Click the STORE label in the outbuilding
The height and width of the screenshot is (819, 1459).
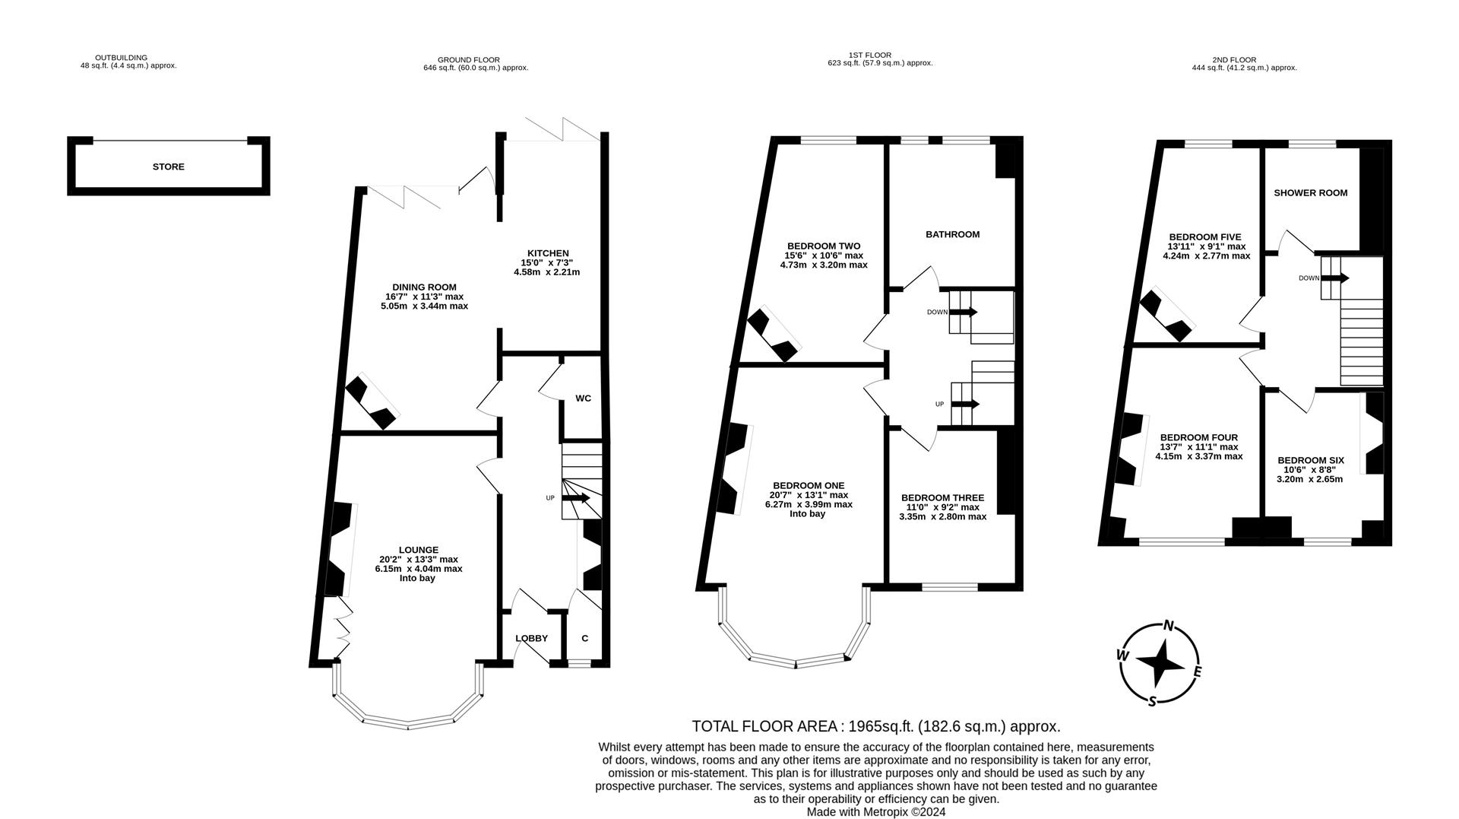[168, 167]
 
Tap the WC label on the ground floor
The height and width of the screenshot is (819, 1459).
[583, 398]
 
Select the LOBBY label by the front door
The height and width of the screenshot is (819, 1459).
[531, 638]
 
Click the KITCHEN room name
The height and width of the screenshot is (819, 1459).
[548, 253]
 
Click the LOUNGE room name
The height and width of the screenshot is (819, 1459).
[419, 550]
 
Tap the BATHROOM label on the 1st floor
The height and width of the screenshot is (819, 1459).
[952, 234]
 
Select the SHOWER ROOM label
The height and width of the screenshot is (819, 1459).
[1310, 192]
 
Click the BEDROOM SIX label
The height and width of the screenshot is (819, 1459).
[1311, 460]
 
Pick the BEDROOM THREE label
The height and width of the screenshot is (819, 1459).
[942, 497]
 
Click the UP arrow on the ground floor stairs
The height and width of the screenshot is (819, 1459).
[577, 498]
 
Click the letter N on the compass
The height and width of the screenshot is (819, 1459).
[1169, 626]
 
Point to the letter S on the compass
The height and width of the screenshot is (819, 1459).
[1152, 701]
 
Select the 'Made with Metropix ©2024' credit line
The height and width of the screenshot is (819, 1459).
[875, 811]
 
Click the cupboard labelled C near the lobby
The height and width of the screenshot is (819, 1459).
[584, 638]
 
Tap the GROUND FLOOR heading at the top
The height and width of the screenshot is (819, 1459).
[469, 59]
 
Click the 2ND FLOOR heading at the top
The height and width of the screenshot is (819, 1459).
[1234, 59]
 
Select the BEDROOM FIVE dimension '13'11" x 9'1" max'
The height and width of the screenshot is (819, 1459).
[1206, 246]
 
